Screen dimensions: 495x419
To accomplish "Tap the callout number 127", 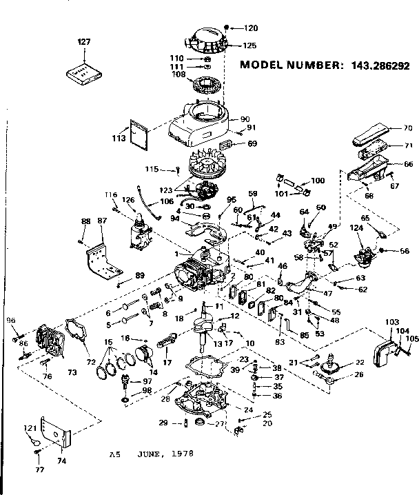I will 83,42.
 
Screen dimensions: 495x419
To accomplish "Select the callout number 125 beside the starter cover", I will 249,46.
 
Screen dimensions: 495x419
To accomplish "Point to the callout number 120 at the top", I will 250,28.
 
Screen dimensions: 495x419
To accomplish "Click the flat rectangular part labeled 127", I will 83,70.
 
